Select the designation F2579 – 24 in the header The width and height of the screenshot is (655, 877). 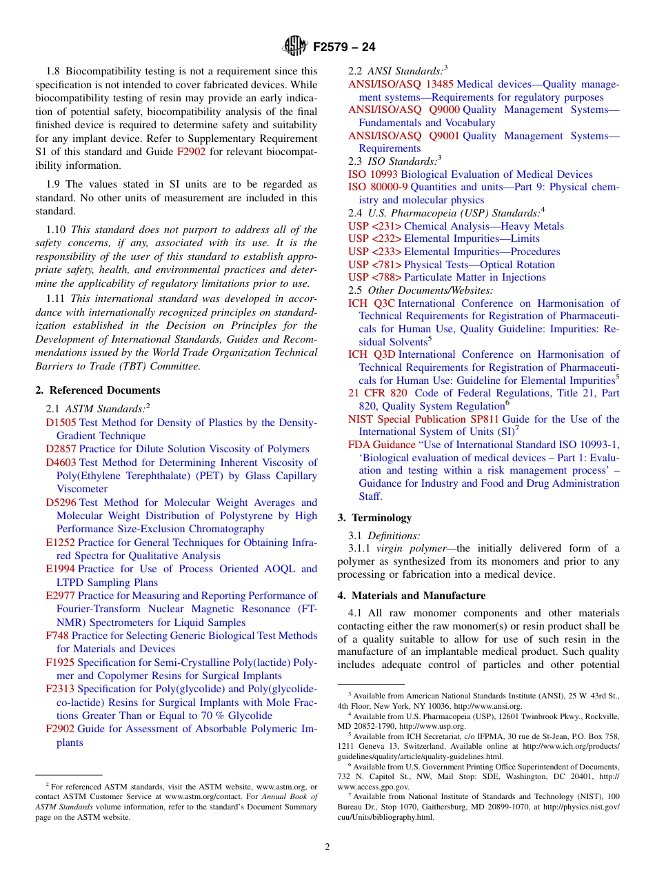344,48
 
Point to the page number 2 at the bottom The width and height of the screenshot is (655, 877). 327,847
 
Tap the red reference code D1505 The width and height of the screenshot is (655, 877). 61,423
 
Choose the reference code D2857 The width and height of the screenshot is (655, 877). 61,449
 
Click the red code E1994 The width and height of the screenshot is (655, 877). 60,569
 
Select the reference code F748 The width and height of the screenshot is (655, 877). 57,636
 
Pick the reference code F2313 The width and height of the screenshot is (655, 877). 60,689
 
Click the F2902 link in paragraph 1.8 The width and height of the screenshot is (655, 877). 191,152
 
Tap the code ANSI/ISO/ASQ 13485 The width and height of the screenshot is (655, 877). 401,84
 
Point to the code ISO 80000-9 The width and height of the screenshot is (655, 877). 378,187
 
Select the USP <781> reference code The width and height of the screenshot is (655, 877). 374,265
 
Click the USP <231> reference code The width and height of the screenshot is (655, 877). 374,226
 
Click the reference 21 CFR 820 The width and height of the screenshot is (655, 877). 377,393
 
